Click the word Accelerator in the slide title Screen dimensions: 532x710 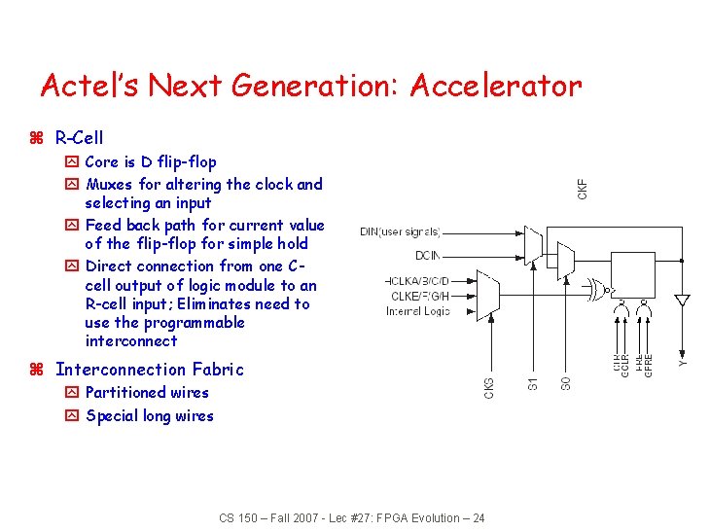click(495, 86)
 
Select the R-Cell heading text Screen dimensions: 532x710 click(79, 138)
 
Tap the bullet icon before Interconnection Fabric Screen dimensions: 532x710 click(37, 370)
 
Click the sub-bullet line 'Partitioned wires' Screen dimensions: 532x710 click(146, 393)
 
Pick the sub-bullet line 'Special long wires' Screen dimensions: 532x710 click(149, 416)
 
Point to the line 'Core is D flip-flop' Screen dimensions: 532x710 click(151, 161)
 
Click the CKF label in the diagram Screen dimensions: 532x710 click(583, 185)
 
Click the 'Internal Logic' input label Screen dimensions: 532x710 click(418, 311)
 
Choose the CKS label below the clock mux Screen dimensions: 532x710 click(489, 386)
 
